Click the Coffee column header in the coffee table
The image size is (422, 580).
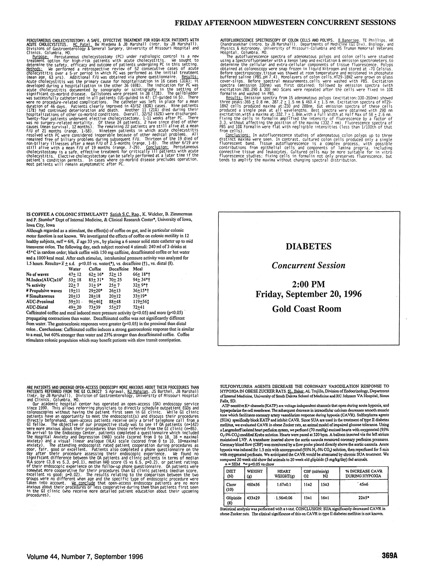pyautogui.click(x=95, y=269)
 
